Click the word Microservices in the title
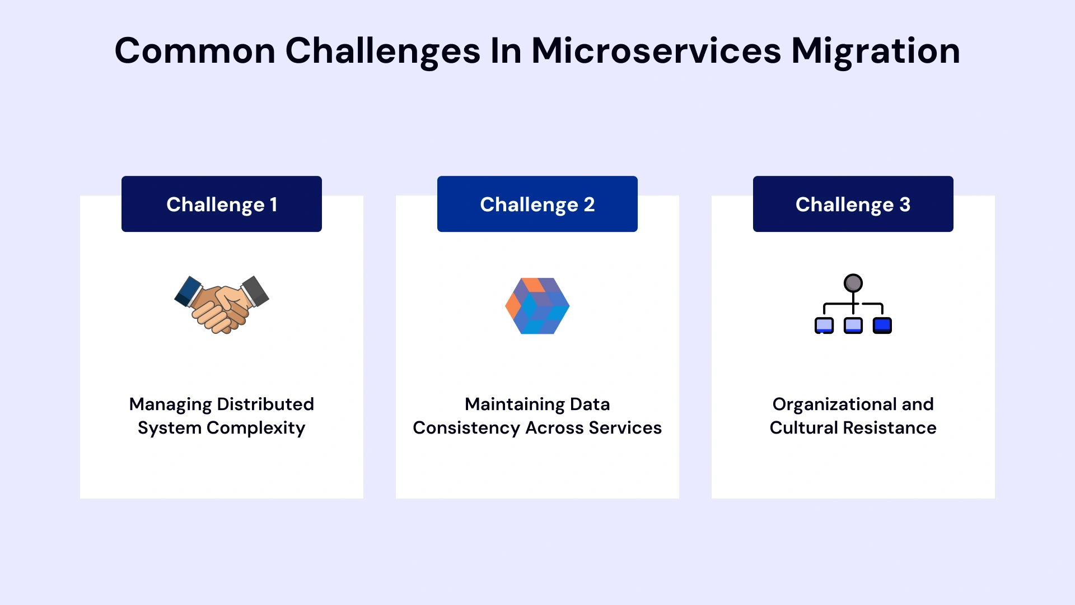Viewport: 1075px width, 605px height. point(656,51)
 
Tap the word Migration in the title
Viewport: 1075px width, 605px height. point(875,51)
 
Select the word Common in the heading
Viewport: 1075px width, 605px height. point(195,51)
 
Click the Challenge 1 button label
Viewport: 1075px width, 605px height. point(222,204)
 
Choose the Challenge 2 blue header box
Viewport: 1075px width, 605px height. point(537,204)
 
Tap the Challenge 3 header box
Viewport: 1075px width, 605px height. point(853,204)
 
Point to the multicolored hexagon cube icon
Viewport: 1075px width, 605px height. point(537,306)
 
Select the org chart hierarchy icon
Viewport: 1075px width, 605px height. point(853,304)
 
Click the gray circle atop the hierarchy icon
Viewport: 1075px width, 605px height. point(853,283)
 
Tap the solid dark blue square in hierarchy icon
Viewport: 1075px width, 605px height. point(882,325)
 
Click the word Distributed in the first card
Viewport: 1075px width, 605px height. point(265,404)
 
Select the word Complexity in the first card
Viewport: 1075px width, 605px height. point(256,428)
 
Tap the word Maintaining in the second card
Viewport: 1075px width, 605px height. point(515,404)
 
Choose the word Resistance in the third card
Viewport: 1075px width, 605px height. point(889,428)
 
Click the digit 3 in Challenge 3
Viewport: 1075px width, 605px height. point(905,204)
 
